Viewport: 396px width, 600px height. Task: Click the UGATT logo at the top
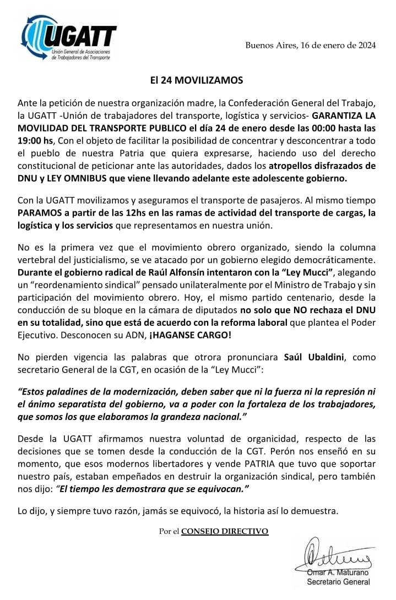69,37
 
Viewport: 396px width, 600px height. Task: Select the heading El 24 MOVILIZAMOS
197,80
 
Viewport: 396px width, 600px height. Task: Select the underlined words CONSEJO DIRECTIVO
225,531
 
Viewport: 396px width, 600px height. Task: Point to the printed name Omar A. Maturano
339,572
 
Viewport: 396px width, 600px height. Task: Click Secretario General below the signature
338,582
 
